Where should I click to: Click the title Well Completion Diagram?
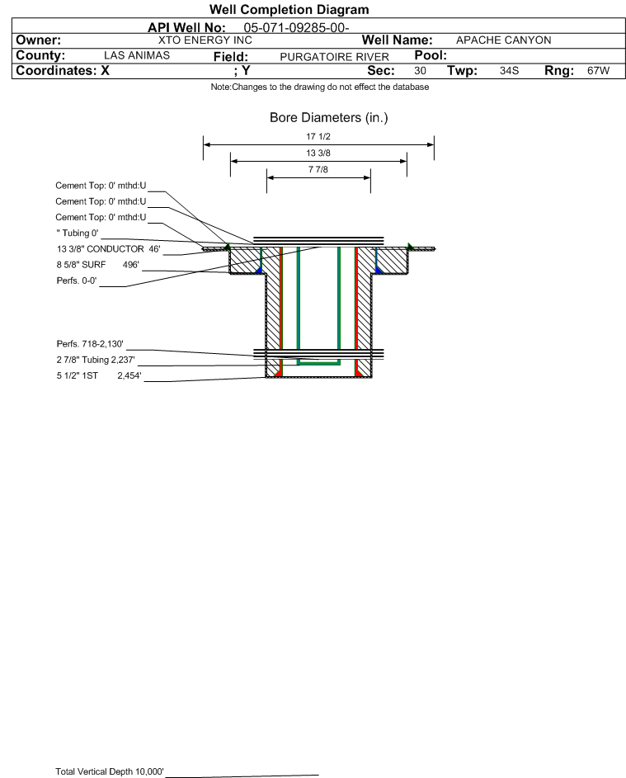(x=289, y=9)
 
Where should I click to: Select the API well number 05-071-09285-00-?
(x=296, y=28)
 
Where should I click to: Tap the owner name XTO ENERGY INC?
(x=205, y=40)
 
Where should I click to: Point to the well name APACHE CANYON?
(x=503, y=40)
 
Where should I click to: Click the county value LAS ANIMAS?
(x=137, y=55)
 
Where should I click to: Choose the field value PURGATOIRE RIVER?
(x=334, y=57)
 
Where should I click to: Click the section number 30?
(x=420, y=70)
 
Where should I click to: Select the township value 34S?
(x=510, y=70)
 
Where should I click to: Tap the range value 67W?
(x=598, y=70)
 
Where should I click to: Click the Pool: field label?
(x=431, y=55)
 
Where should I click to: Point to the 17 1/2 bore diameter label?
(x=318, y=136)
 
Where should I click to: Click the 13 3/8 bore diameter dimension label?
(x=318, y=153)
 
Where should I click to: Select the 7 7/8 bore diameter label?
(x=318, y=169)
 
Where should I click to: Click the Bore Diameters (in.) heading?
(x=329, y=118)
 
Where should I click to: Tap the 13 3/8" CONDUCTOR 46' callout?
(x=109, y=248)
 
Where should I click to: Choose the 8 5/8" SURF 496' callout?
(x=97, y=265)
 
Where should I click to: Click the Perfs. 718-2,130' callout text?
(x=90, y=344)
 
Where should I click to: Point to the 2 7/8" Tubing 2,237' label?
(x=96, y=360)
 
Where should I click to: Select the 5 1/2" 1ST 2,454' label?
(x=99, y=375)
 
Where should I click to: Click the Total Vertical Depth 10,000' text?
(x=110, y=771)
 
